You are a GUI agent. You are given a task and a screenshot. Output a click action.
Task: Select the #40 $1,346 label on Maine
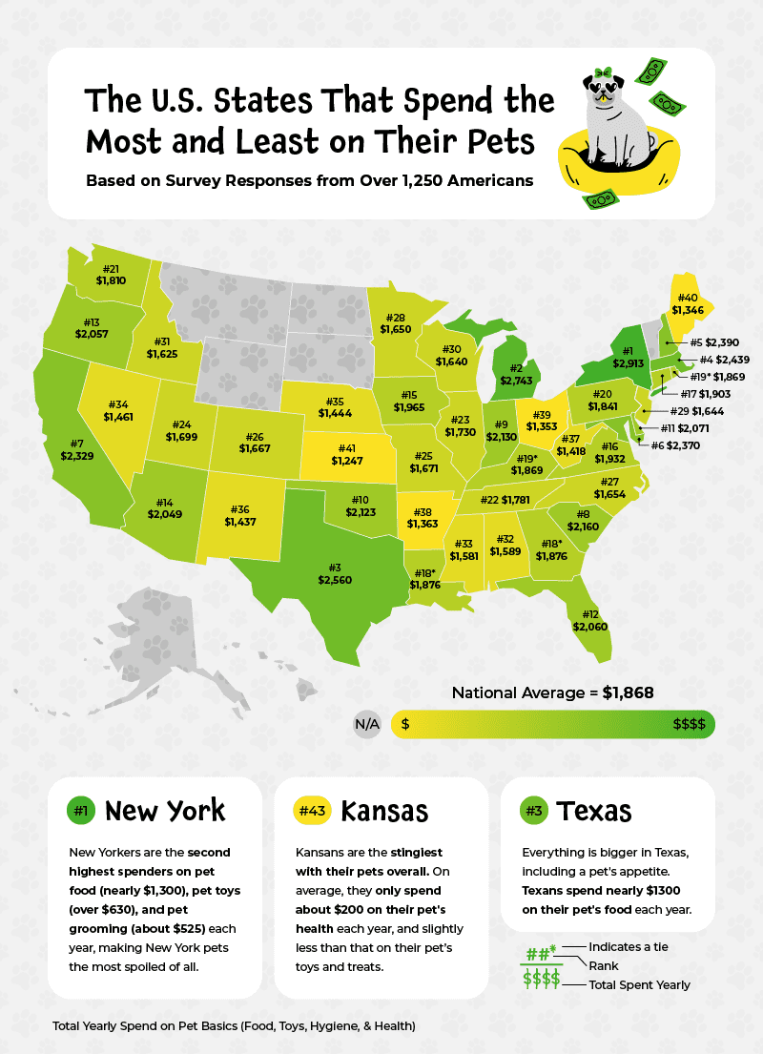(687, 303)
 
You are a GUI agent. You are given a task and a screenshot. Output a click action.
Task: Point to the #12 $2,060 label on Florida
(589, 619)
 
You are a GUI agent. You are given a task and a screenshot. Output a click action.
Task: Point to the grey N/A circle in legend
(367, 724)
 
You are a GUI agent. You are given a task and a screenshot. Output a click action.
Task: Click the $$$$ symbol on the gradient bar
(688, 724)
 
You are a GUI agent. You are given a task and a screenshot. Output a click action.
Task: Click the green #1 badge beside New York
(81, 811)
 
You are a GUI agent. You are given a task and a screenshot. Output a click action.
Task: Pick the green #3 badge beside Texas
(533, 811)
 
